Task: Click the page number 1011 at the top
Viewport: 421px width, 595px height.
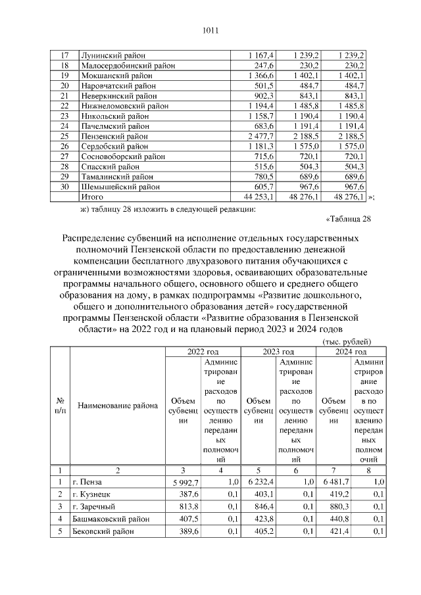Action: click(210, 30)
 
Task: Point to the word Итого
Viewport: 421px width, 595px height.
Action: click(91, 195)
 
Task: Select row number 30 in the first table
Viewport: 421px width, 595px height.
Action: click(64, 185)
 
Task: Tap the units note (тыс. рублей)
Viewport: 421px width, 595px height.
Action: click(345, 342)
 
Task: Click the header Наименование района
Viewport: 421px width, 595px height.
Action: click(118, 405)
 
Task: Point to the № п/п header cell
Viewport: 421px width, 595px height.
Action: click(61, 405)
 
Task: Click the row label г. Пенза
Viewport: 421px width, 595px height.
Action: click(89, 482)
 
